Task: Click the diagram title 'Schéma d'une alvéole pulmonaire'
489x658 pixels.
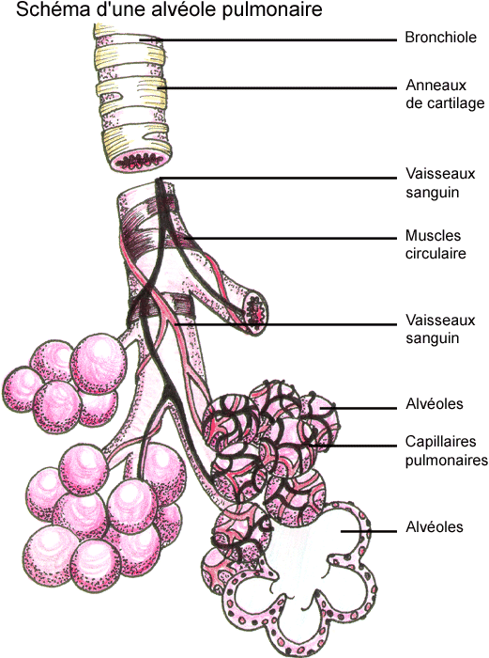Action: (x=169, y=9)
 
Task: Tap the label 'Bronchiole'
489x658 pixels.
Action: (x=440, y=38)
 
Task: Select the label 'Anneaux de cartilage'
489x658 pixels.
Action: (x=445, y=94)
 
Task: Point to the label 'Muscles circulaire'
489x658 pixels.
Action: (x=436, y=244)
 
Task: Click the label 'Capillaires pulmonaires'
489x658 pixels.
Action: (x=446, y=450)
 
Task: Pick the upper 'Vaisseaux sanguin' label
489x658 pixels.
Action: (x=440, y=182)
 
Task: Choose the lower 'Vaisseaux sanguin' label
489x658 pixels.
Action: (x=440, y=329)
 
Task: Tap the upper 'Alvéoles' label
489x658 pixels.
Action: (x=435, y=403)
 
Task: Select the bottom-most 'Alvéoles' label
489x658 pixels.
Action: (x=435, y=526)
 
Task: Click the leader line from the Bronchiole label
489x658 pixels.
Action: (x=268, y=40)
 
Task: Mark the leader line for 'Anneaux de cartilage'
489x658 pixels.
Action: (x=277, y=88)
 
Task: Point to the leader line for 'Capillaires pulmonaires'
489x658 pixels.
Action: (x=353, y=446)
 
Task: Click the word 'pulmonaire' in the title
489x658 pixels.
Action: (x=272, y=10)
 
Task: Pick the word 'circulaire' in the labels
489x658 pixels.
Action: (x=436, y=254)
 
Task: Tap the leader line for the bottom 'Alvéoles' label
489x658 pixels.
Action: (x=369, y=532)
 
